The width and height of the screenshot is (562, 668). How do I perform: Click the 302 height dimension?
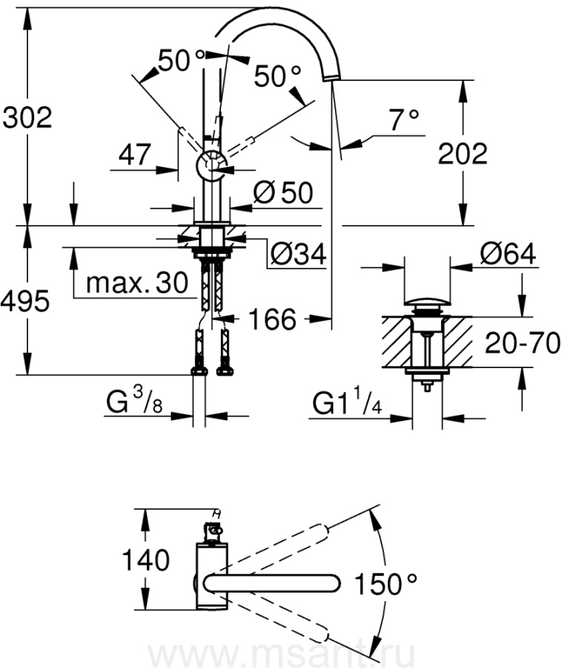tap(27, 117)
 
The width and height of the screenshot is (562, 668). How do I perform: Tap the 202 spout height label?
tap(463, 154)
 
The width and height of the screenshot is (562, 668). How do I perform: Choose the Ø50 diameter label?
tap(282, 193)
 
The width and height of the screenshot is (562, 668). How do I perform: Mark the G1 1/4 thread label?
tap(348, 405)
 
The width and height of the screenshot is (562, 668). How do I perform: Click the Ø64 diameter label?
tap(507, 254)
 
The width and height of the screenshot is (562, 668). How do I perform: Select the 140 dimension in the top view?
tap(147, 560)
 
